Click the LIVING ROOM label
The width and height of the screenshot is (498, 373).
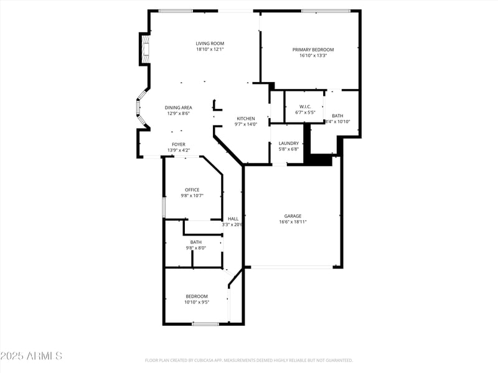point(210,44)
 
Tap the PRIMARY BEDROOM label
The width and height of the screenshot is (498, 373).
point(313,50)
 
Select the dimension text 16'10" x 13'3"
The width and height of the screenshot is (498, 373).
point(313,56)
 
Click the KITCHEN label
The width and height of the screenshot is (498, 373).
point(245,118)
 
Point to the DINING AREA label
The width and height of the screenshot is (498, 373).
point(178,108)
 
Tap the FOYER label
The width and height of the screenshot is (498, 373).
point(178,144)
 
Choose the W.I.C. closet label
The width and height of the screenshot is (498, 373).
point(304,106)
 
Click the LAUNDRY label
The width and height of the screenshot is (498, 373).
point(288,143)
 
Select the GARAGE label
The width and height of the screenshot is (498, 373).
point(293,216)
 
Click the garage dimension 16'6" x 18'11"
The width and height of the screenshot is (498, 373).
point(293,222)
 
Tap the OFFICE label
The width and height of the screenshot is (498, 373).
point(192,190)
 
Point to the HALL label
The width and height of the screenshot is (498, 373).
point(233,218)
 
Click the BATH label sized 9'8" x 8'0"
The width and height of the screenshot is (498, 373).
point(195,242)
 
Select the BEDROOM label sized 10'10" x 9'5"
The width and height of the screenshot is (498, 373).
point(196,296)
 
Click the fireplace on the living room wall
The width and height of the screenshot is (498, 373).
point(145,48)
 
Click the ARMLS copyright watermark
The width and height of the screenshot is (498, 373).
point(31,356)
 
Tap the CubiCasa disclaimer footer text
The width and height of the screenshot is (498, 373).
point(248,360)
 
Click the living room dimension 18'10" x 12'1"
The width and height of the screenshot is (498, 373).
point(210,50)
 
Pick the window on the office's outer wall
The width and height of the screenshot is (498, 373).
point(164,207)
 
